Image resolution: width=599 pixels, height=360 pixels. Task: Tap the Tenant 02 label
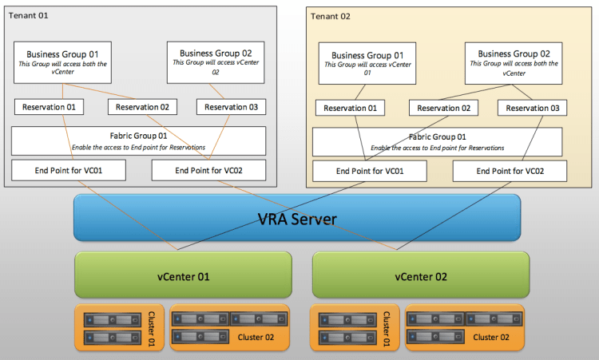[x=330, y=16]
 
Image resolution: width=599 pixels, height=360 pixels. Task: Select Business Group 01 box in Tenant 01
[x=62, y=61]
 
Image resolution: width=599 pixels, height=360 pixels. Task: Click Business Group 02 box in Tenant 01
[x=216, y=61]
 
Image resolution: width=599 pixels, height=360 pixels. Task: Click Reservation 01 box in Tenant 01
[x=49, y=107]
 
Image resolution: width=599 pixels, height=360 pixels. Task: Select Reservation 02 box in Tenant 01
[x=142, y=107]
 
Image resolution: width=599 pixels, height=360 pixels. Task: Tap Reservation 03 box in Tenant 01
[x=232, y=107]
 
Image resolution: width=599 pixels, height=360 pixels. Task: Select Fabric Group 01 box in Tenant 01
[x=138, y=140]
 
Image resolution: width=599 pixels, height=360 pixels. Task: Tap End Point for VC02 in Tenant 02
[x=510, y=171]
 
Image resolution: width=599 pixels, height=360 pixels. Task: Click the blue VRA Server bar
[x=297, y=218]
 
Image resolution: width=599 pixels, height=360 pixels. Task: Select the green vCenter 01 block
[x=184, y=276]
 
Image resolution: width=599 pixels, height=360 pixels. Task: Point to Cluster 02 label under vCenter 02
[x=492, y=338]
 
